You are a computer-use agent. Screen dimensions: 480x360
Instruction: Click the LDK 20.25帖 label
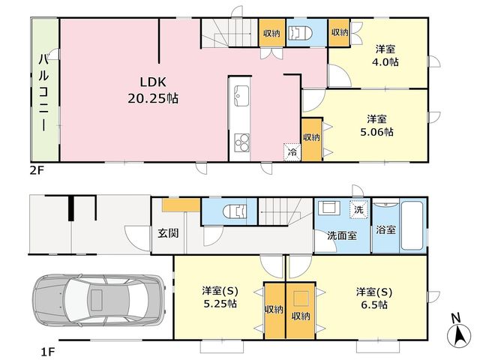click(x=153, y=90)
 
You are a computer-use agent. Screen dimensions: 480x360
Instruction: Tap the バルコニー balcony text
click(x=43, y=92)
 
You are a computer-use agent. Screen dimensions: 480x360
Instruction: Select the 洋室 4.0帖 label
click(x=385, y=55)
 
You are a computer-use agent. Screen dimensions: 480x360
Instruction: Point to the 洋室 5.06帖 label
click(x=376, y=125)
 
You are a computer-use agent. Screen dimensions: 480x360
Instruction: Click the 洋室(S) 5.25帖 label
click(x=220, y=298)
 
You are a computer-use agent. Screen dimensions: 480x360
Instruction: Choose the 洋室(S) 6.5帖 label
click(x=373, y=298)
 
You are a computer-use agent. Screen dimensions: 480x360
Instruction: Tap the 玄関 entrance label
click(x=168, y=233)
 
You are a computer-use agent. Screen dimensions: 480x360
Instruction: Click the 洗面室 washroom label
click(x=342, y=235)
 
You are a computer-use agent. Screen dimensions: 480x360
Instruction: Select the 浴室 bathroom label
click(x=385, y=230)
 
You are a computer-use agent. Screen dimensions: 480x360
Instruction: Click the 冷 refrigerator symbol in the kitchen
click(x=292, y=152)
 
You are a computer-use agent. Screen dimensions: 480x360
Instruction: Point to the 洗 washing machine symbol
click(x=358, y=210)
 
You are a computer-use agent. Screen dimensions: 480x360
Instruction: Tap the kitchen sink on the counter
click(x=241, y=96)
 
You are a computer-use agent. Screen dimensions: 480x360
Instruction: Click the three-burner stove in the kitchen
click(x=241, y=143)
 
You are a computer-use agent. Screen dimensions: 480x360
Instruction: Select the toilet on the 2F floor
click(x=301, y=33)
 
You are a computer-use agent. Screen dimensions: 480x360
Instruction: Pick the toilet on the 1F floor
click(x=235, y=211)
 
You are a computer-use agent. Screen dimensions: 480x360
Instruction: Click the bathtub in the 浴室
click(x=412, y=226)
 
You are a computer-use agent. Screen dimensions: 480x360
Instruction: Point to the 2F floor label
click(x=37, y=170)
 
